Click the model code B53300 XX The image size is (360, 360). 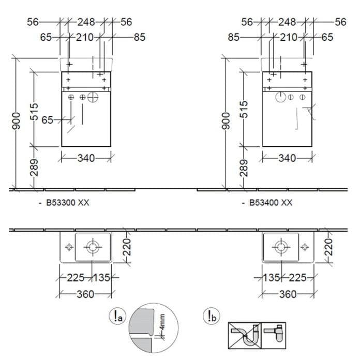pyautogui.click(x=67, y=203)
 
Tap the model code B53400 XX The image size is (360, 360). pyautogui.click(x=271, y=203)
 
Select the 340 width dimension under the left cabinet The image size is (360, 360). pyautogui.click(x=86, y=158)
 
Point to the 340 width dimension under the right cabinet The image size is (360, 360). pyautogui.click(x=287, y=158)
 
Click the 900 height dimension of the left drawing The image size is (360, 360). pyautogui.click(x=17, y=121)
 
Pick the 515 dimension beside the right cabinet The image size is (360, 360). pyautogui.click(x=244, y=110)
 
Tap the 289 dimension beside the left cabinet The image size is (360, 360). pyautogui.click(x=34, y=168)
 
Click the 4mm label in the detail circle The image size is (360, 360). pyautogui.click(x=162, y=322)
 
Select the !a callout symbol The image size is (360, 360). pyautogui.click(x=117, y=316)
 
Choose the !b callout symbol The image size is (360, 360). pyautogui.click(x=212, y=316)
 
